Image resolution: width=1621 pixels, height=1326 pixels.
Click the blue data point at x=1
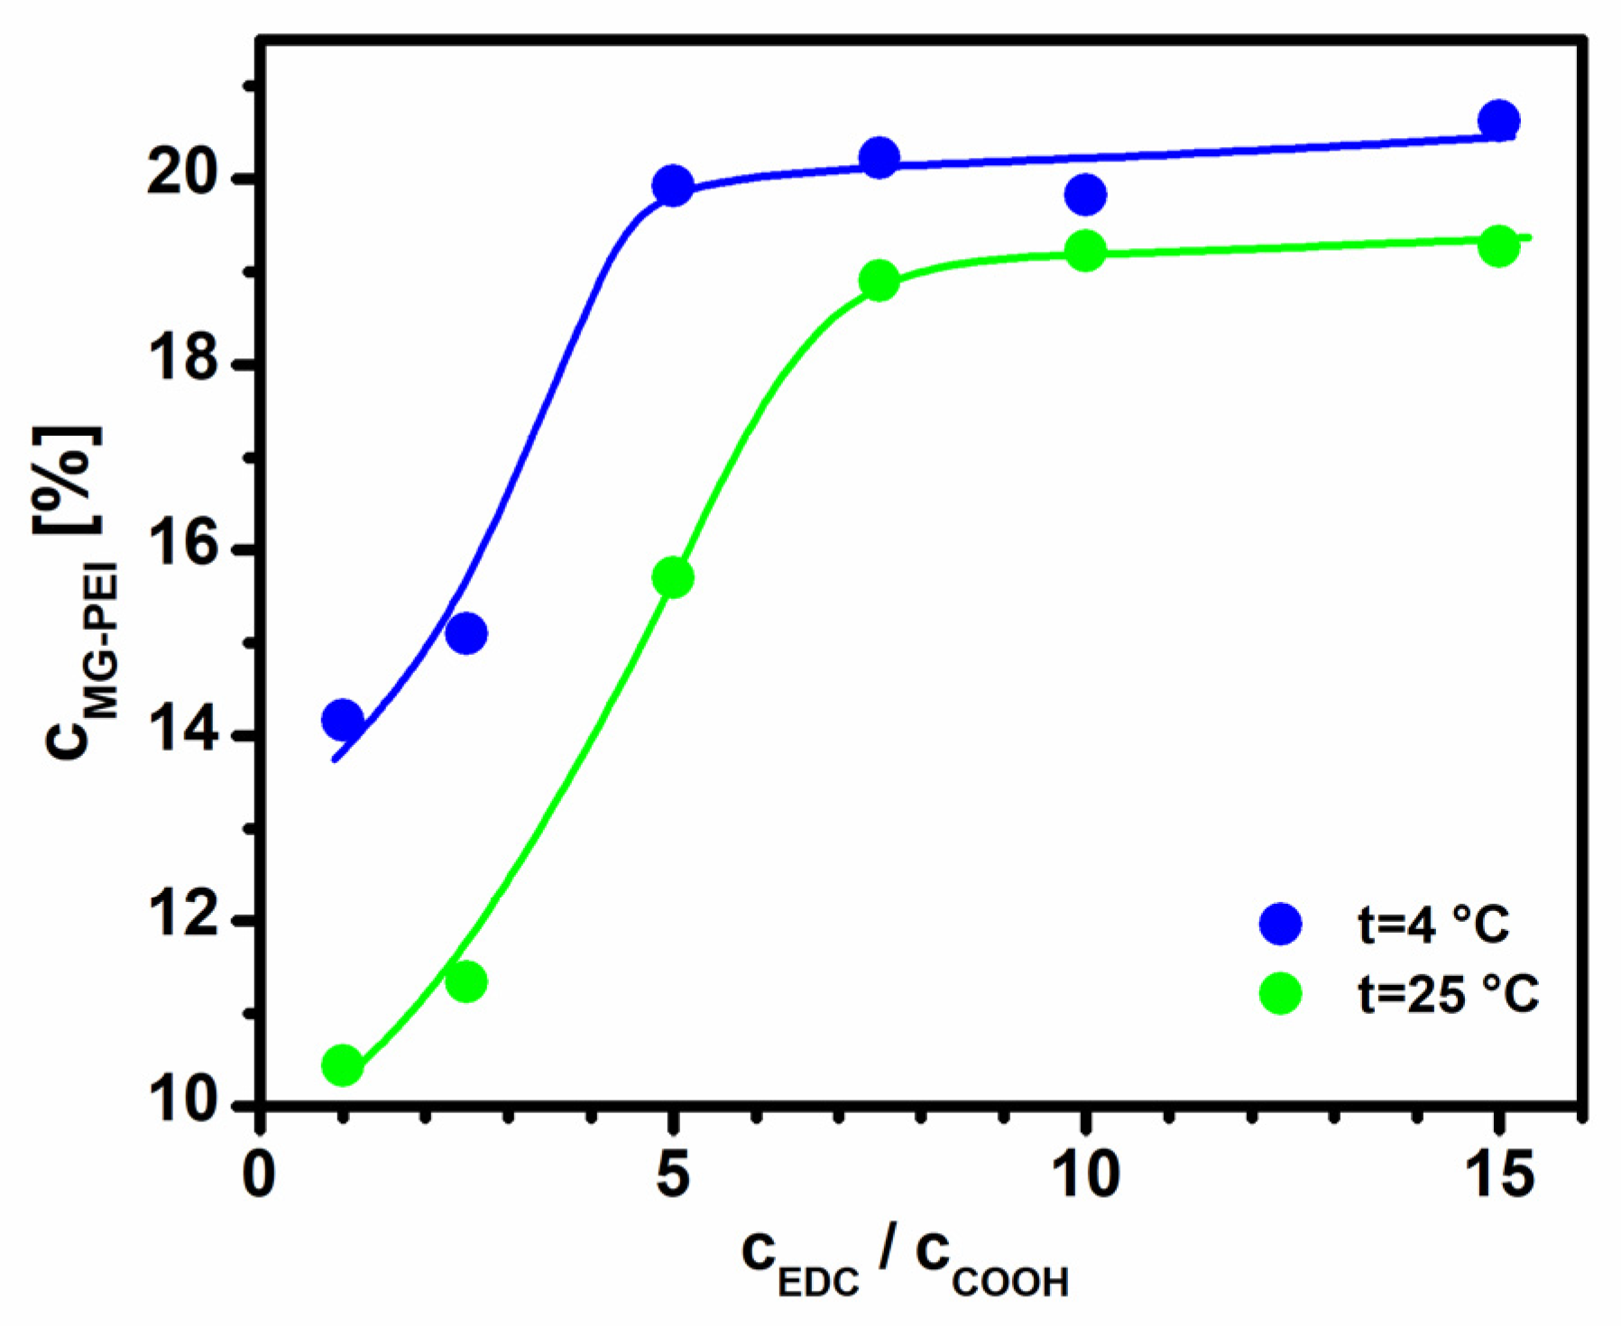[342, 719]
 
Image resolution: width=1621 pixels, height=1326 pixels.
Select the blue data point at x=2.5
[466, 634]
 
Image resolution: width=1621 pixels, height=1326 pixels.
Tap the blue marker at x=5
[672, 186]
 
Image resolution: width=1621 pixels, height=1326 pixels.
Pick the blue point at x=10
[1085, 194]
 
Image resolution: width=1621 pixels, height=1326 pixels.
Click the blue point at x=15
[1499, 120]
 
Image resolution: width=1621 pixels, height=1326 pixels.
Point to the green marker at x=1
[342, 1065]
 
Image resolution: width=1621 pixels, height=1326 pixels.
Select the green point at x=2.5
[466, 981]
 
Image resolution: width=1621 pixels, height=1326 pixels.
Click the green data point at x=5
[672, 577]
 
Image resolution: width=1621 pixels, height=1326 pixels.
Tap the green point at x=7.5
[879, 281]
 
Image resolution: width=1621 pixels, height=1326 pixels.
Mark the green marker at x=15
[1499, 246]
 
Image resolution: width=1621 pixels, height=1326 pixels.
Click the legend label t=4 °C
[1433, 925]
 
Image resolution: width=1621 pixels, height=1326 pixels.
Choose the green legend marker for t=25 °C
[1280, 993]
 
